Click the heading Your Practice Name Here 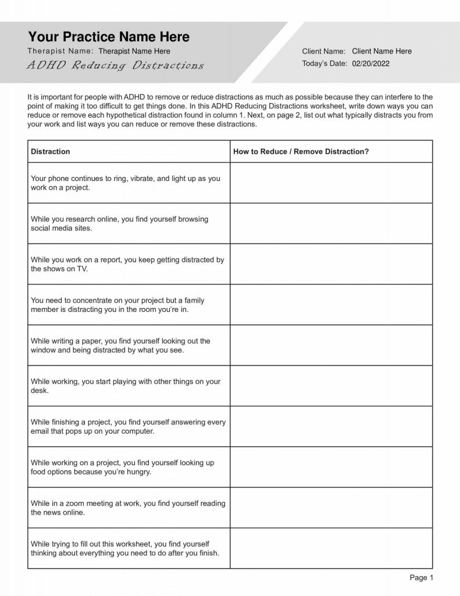109,37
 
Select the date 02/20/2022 371,63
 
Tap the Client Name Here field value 381,51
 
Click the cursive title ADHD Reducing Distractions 115,65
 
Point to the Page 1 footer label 422,578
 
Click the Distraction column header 50,151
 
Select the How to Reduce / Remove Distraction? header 301,151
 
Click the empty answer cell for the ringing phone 331,183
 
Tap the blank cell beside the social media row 331,223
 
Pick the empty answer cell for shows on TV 331,264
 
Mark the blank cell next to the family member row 331,304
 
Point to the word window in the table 43,350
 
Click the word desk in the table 39,391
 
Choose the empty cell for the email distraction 331,427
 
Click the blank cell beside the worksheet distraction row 331,548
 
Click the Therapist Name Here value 134,51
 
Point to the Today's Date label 325,63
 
